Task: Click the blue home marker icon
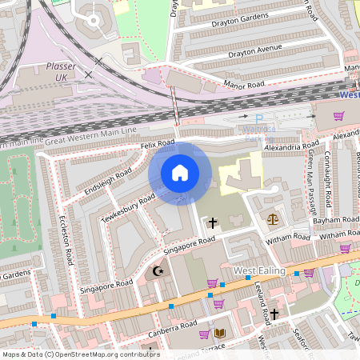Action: point(180,173)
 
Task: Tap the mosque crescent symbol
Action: point(157,272)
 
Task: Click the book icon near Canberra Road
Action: point(220,333)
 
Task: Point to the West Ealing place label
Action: point(260,271)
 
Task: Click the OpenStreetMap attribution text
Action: point(80,354)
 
